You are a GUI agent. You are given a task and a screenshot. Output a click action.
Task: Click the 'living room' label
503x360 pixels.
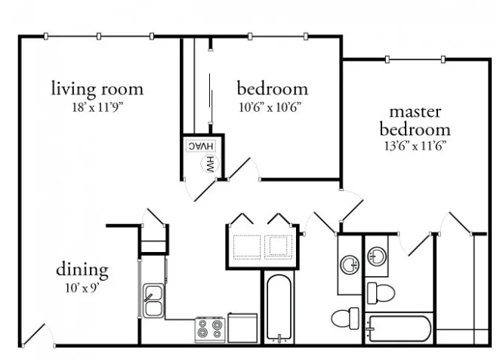tap(97, 89)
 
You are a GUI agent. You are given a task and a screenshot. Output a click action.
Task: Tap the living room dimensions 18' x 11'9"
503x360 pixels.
tap(98, 107)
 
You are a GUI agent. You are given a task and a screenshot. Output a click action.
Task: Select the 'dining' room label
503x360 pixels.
tap(82, 269)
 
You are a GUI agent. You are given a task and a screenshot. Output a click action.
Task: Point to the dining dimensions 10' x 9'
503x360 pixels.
tap(82, 288)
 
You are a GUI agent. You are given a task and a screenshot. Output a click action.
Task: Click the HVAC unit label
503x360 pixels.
tap(201, 146)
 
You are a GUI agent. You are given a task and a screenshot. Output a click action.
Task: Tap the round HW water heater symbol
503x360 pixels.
tap(208, 164)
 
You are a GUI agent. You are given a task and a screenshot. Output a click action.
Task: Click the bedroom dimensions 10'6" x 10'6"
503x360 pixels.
tap(270, 107)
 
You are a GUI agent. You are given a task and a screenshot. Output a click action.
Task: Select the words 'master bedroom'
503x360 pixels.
tap(415, 122)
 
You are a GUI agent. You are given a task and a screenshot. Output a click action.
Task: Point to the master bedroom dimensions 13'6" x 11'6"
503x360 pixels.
tap(415, 146)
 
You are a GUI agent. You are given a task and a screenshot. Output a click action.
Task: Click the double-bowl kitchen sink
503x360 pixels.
tap(153, 300)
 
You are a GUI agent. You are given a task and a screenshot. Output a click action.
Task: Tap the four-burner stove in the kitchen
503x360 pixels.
tap(210, 330)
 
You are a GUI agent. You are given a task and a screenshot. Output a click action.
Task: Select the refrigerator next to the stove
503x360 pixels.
tap(242, 328)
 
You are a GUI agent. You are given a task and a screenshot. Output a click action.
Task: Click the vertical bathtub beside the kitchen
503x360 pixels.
tap(279, 309)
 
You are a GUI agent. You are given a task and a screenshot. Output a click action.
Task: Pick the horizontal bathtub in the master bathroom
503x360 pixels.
tap(399, 328)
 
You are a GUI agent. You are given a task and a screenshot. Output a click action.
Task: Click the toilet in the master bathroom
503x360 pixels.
tap(381, 293)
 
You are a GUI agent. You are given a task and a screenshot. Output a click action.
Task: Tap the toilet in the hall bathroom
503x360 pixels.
tap(345, 318)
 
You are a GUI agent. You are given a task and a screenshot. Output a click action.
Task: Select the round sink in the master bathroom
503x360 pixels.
tap(377, 257)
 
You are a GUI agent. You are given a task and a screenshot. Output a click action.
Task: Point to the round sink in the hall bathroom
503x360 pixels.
tap(350, 264)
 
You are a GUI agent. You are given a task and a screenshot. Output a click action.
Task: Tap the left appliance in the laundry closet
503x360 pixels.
tap(247, 247)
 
